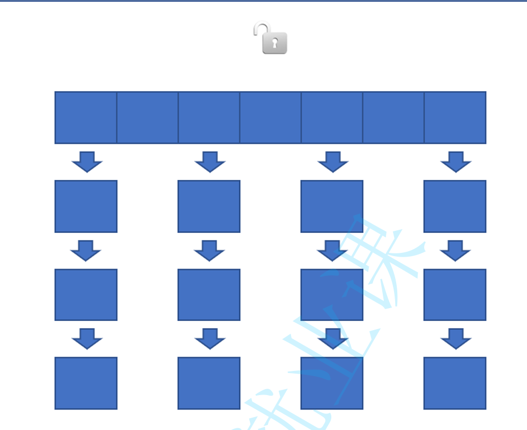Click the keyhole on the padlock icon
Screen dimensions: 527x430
pyautogui.click(x=274, y=43)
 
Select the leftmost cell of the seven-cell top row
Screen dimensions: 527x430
pyautogui.click(x=86, y=118)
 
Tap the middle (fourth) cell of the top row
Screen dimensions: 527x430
pyautogui.click(x=270, y=118)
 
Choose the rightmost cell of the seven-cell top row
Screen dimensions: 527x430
pyautogui.click(x=455, y=118)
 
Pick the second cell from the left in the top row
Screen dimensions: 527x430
pyautogui.click(x=147, y=118)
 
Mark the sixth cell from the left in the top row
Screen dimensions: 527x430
pyautogui.click(x=394, y=118)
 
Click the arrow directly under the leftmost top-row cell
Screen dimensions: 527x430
pyautogui.click(x=87, y=162)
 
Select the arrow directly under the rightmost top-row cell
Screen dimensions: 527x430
pyautogui.click(x=456, y=162)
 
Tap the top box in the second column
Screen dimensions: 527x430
pyautogui.click(x=209, y=206)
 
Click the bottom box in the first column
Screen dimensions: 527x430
pyautogui.click(x=86, y=383)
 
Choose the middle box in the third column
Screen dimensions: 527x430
pyautogui.click(x=332, y=295)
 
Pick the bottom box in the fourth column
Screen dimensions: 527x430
pyautogui.click(x=455, y=383)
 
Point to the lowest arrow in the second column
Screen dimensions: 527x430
pyautogui.click(x=210, y=339)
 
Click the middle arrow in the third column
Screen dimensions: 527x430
pyautogui.click(x=332, y=250)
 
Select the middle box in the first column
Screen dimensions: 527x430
pyautogui.click(x=86, y=295)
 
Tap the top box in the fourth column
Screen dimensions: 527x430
pyautogui.click(x=455, y=206)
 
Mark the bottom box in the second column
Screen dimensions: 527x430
pyautogui.click(x=209, y=383)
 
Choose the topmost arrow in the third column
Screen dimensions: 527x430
pyautogui.click(x=333, y=162)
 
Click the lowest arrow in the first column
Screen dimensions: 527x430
pyautogui.click(x=87, y=339)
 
